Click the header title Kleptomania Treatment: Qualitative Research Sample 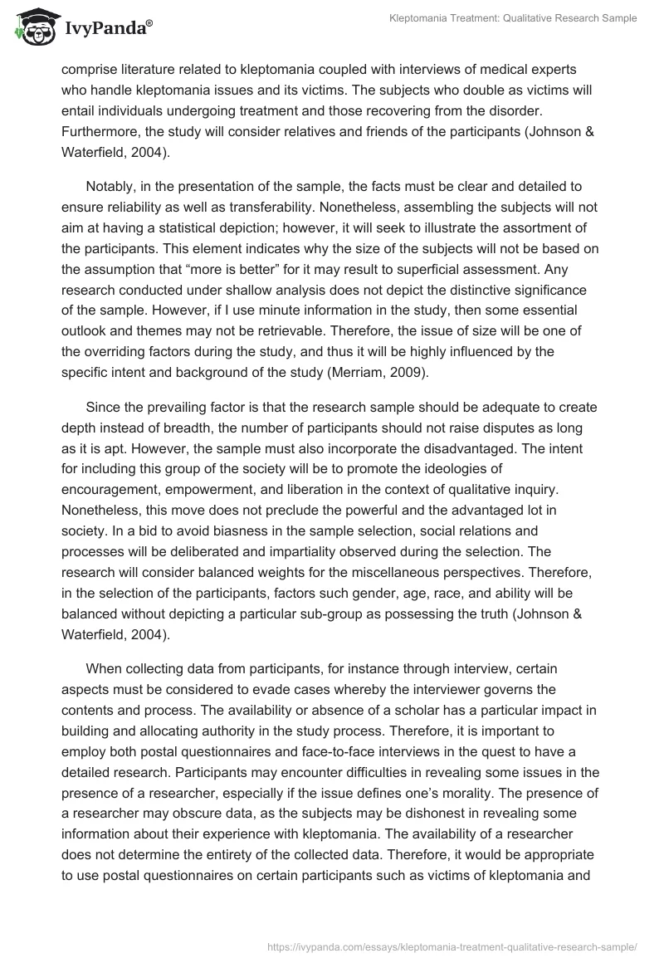click(x=513, y=19)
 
